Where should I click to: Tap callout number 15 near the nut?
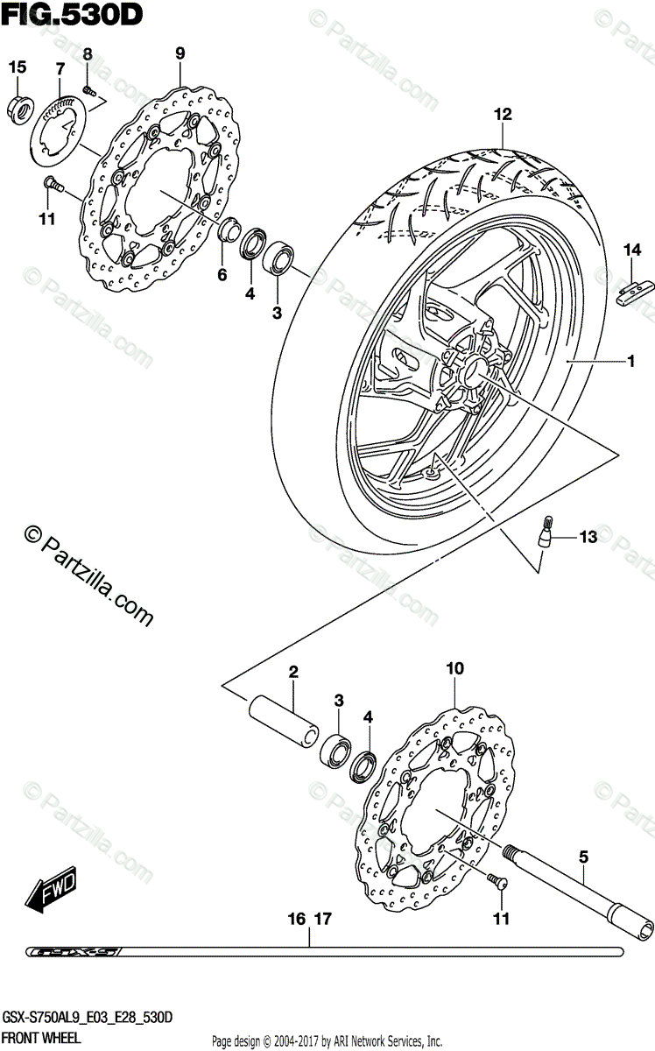coord(18,67)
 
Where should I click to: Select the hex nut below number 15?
coord(19,106)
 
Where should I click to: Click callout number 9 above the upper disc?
coord(180,53)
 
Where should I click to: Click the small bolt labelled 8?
coord(88,89)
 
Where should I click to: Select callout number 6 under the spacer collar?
coord(222,275)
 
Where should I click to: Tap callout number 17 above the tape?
coord(323,920)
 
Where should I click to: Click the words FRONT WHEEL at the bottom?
coord(40,1038)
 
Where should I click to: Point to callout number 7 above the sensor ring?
coord(60,68)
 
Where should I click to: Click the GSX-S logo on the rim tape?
coord(74,951)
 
